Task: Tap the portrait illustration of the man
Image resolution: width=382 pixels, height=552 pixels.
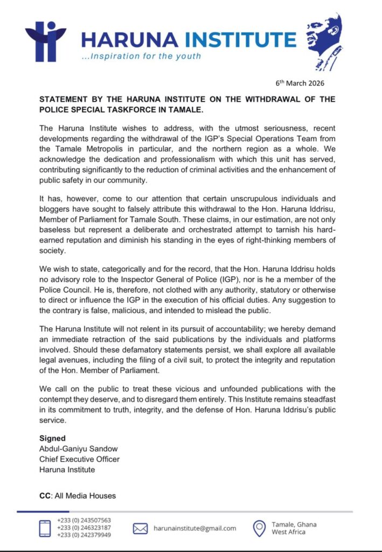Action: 325,44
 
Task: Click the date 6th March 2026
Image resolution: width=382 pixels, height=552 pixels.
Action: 300,84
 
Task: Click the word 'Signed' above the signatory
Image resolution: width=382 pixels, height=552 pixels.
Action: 52,438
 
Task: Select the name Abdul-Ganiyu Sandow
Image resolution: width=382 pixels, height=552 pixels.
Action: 79,448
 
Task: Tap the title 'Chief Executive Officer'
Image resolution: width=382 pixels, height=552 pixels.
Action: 79,459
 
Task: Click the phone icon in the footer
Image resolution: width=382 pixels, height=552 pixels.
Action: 44,528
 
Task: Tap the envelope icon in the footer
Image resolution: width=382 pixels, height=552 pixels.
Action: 140,529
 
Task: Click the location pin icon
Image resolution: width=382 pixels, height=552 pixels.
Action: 260,528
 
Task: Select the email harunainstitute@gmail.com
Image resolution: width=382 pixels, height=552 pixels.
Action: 195,528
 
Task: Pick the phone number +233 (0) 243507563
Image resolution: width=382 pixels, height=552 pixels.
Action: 84,520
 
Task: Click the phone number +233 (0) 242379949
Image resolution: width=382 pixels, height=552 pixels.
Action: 84,535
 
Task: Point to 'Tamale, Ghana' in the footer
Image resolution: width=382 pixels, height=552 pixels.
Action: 294,525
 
